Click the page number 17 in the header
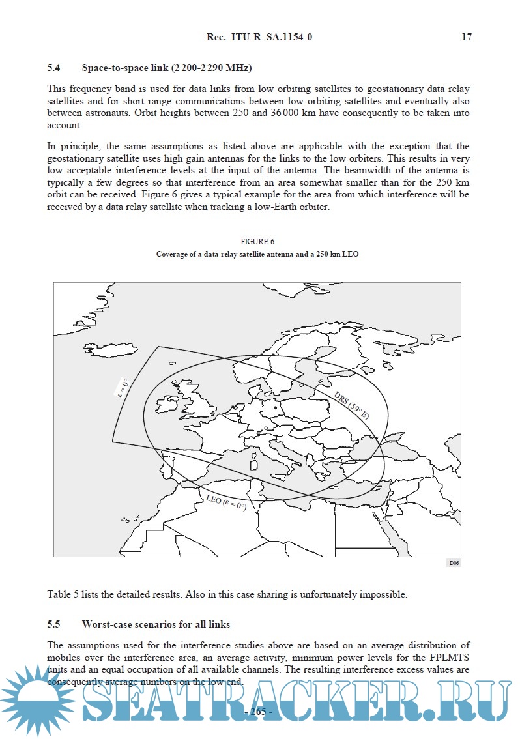467,37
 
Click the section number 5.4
53,68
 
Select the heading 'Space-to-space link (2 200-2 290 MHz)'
167,68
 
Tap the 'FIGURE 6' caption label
257,242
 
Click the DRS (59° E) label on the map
351,405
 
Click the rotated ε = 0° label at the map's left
123,387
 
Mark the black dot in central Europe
276,407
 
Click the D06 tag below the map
454,563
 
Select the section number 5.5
53,624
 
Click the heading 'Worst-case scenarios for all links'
156,624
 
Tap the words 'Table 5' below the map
62,594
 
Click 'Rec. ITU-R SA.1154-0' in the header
259,37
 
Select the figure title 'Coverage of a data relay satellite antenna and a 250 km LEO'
257,254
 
